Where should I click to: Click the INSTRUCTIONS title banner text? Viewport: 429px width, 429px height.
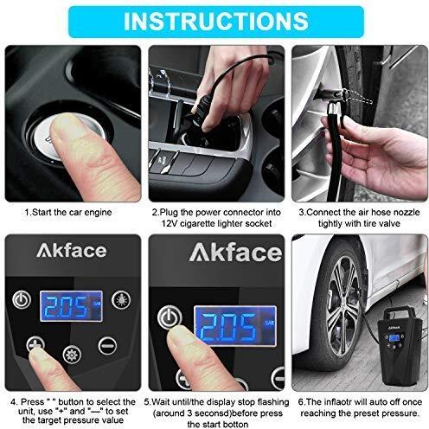(x=216, y=21)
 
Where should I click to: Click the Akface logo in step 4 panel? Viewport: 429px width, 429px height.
(x=72, y=251)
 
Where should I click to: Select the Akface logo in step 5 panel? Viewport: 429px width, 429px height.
(x=235, y=253)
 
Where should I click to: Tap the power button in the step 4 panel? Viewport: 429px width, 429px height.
(x=22, y=300)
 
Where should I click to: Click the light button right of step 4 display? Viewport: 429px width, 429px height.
(x=121, y=300)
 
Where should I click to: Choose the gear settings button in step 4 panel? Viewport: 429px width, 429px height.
(x=72, y=355)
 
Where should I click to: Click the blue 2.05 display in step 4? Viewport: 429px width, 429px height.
(x=71, y=306)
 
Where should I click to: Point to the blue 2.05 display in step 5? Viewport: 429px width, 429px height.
(x=235, y=326)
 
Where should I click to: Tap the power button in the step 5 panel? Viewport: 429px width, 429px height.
(x=170, y=317)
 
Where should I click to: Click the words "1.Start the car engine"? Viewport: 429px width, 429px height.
(x=68, y=213)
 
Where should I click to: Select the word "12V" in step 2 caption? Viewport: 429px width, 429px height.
(x=169, y=223)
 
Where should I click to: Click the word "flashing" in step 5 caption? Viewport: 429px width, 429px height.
(x=273, y=402)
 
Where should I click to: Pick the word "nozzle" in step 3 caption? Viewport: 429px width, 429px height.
(x=407, y=213)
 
